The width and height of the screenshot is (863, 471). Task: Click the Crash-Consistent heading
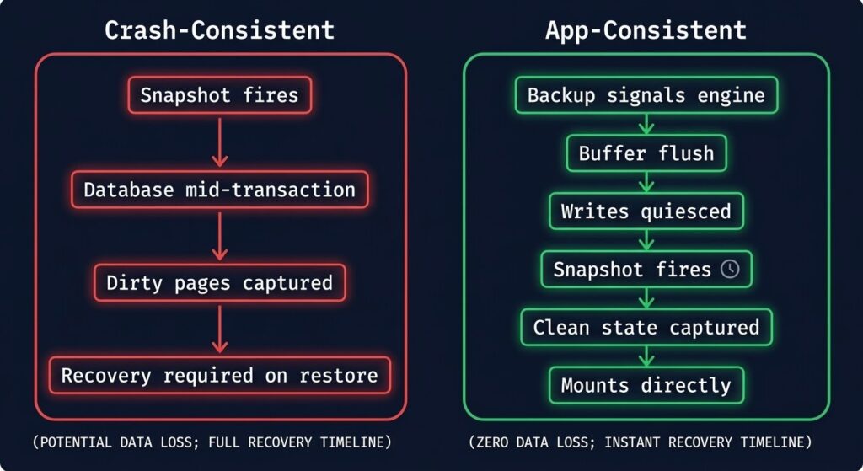click(219, 30)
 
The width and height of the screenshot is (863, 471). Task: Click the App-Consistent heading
click(646, 30)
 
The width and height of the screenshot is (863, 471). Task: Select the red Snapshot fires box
click(219, 95)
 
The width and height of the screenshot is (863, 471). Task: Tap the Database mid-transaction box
click(219, 189)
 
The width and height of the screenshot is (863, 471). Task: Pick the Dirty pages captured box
click(219, 282)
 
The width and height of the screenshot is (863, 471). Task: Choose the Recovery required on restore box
click(219, 375)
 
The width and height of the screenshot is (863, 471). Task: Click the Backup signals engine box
click(646, 95)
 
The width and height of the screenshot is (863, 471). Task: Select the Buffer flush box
click(646, 153)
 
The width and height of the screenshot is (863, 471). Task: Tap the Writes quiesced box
click(646, 211)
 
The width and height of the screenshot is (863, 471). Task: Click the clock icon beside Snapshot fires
click(730, 269)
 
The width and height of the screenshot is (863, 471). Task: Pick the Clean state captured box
click(646, 327)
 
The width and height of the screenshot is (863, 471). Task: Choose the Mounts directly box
click(646, 386)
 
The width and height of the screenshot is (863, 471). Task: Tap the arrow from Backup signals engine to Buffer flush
click(646, 124)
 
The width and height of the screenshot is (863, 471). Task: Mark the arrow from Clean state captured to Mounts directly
click(646, 356)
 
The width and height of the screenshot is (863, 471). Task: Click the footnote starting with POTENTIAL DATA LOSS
click(212, 442)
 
